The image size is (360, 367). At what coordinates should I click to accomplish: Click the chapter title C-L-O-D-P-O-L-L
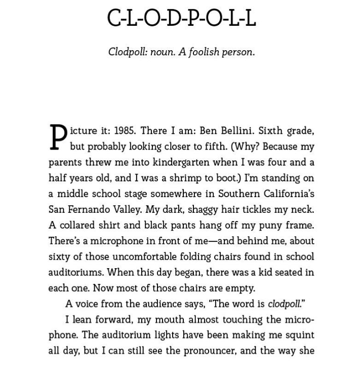tap(181, 18)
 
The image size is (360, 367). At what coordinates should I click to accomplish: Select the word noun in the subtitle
tap(162, 52)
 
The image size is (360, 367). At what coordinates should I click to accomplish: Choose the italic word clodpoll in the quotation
tap(284, 304)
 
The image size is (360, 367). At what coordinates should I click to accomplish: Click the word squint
tap(299, 335)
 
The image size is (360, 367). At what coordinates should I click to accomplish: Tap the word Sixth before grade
tap(271, 131)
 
